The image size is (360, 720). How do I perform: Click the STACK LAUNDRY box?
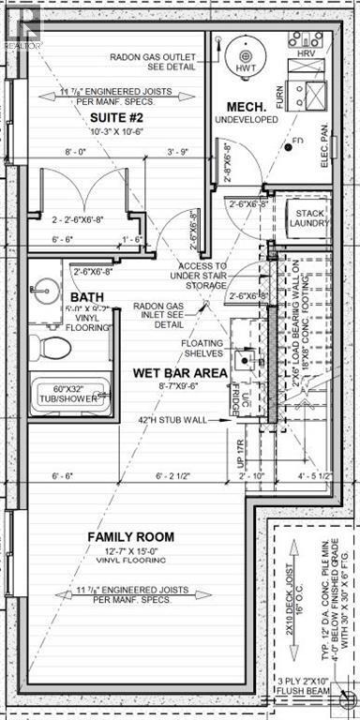[306, 218]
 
